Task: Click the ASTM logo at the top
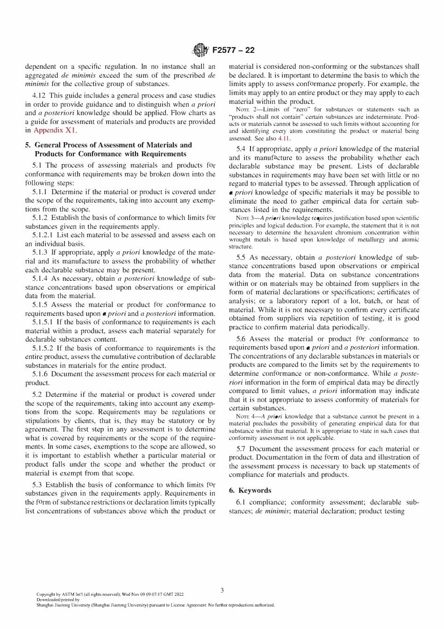coord(201,50)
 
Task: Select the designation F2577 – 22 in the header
coord(233,51)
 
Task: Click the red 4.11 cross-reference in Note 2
coord(284,139)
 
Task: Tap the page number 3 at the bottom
coord(222,590)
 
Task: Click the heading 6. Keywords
coord(250,490)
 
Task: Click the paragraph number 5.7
coord(241,449)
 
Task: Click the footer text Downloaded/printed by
coord(58,600)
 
